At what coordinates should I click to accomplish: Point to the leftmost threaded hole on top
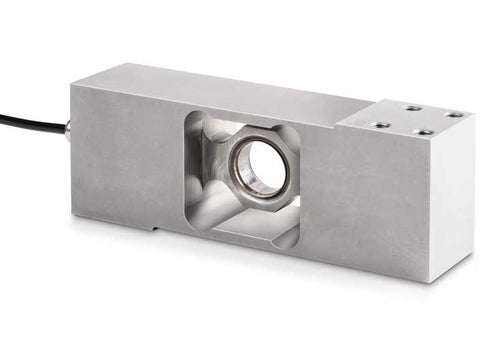pyautogui.click(x=381, y=124)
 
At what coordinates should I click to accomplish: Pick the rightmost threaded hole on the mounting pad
pyautogui.click(x=454, y=115)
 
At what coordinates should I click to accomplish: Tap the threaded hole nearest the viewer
pyautogui.click(x=424, y=132)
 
